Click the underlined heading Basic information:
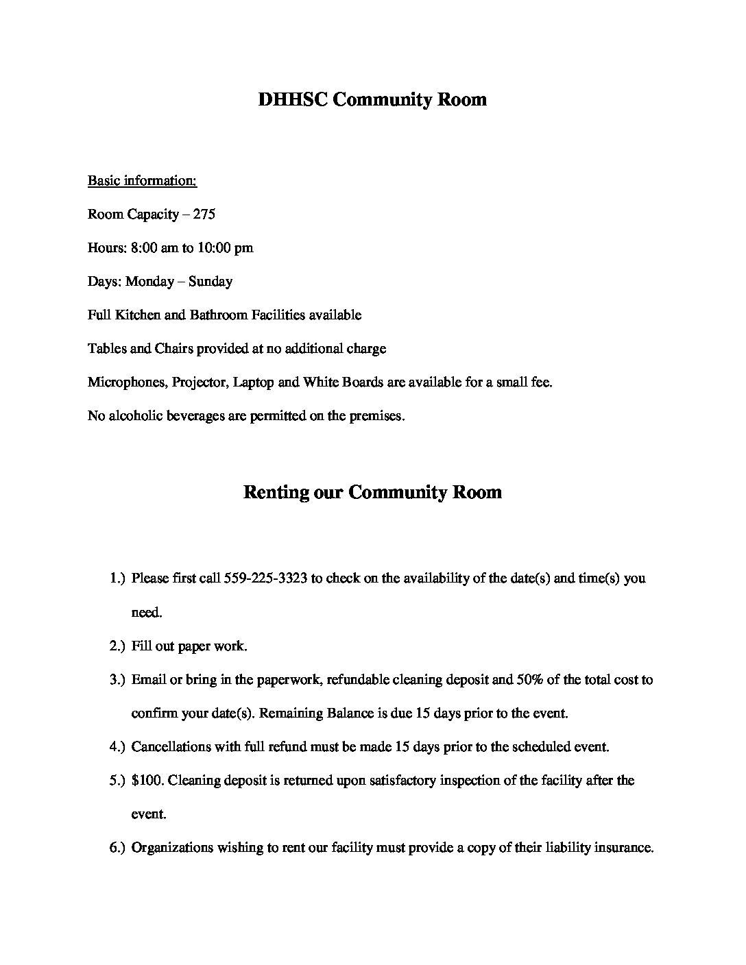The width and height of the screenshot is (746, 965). click(142, 181)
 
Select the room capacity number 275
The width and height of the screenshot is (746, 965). click(204, 215)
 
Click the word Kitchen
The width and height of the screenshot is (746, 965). click(137, 315)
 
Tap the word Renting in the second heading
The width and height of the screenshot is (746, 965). click(276, 493)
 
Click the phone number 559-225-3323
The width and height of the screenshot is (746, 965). click(265, 578)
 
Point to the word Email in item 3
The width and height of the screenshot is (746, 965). click(149, 680)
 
